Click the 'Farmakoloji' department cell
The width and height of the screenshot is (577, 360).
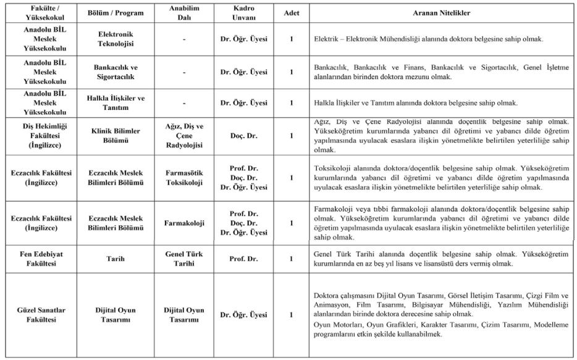183,222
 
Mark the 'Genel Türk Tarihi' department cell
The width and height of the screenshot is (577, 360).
183,259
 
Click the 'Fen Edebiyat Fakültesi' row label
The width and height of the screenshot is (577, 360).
38,259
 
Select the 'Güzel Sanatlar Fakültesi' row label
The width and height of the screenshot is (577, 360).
38,315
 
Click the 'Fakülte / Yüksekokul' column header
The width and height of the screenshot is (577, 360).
38,12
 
